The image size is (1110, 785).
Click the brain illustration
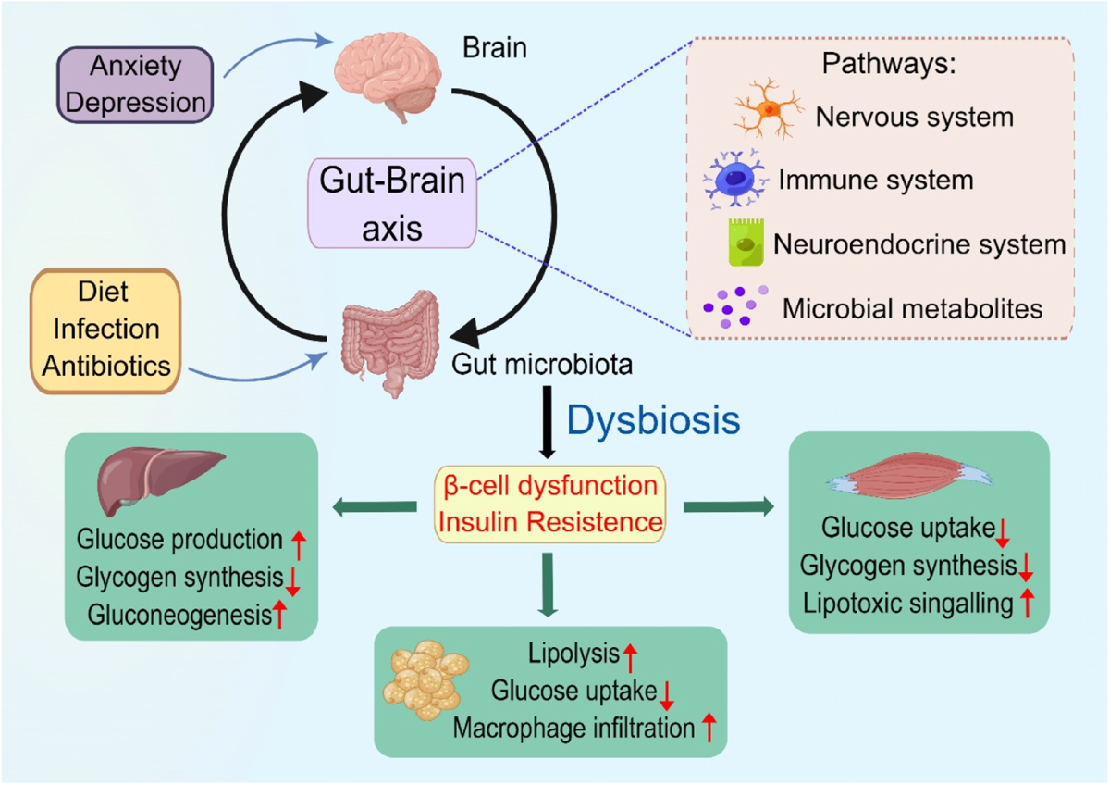coord(388,75)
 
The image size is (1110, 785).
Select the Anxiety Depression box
coord(135,85)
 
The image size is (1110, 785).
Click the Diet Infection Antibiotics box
coord(105,331)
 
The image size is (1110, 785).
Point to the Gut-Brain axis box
coord(392,204)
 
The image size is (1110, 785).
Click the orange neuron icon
coord(768,108)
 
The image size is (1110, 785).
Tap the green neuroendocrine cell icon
coord(746,242)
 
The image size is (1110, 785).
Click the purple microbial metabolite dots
coord(735,306)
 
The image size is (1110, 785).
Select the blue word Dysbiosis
coord(653,420)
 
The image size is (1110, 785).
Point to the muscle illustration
coord(908,475)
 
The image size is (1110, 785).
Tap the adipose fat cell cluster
coord(426,679)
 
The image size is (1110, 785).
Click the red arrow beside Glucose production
coord(299,544)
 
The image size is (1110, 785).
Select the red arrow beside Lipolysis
coord(630,658)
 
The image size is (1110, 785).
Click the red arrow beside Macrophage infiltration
coord(709,728)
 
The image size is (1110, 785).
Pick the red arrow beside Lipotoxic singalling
coord(1028,603)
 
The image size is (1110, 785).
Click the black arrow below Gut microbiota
coord(548,422)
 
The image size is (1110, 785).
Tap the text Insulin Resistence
coord(550,522)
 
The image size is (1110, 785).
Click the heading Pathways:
coord(889,64)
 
